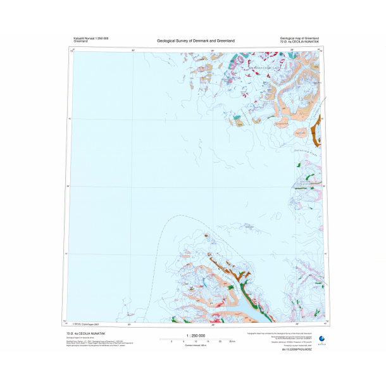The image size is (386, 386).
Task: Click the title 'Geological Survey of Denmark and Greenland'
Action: (196, 40)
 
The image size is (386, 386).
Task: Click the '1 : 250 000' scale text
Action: (196, 335)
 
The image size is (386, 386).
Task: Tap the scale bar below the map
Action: (196, 340)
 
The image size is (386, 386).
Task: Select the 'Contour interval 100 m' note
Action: (196, 346)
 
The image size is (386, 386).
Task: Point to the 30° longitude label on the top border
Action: (133, 49)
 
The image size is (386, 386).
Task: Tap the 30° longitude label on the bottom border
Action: (129, 323)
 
